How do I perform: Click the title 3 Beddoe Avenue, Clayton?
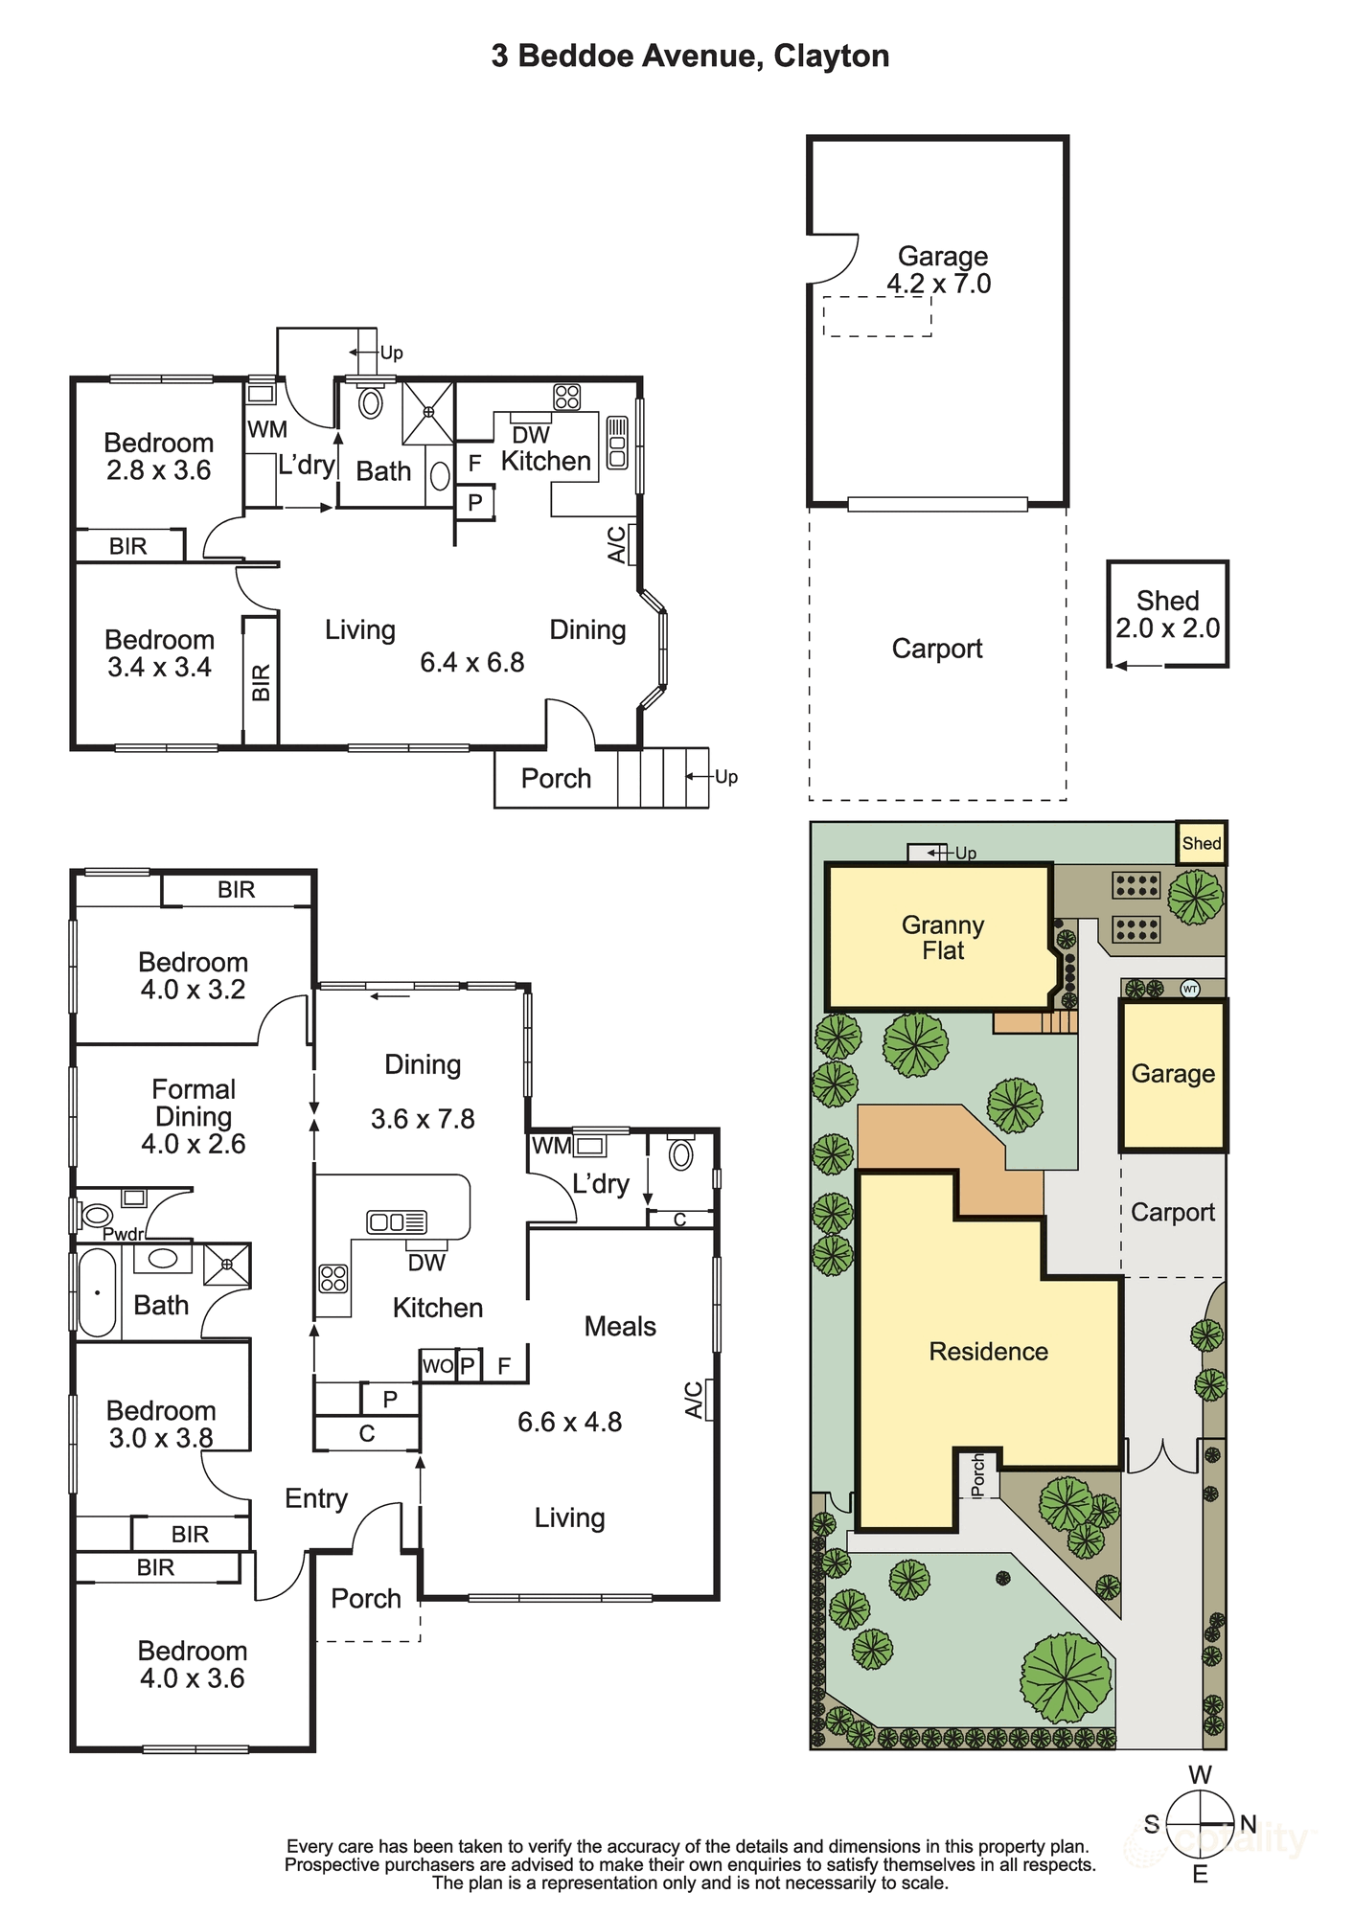coord(690,57)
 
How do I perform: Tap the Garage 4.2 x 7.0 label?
coord(939,270)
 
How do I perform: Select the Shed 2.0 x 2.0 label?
coord(1167,614)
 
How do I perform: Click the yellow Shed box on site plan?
coord(1201,843)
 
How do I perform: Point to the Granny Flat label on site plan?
coord(943,938)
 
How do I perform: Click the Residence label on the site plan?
coord(988,1352)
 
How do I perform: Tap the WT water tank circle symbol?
coord(1190,989)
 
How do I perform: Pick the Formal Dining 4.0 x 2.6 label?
coord(194,1116)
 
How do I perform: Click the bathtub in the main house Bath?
coord(97,1292)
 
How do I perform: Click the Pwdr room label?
coord(123,1234)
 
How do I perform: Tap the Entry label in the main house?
coord(316,1498)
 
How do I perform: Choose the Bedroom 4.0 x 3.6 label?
coord(193,1664)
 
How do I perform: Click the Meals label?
coord(620,1327)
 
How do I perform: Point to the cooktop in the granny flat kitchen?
coord(566,397)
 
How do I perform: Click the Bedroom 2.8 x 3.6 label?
coord(158,456)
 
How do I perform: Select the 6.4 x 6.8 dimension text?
coord(471,662)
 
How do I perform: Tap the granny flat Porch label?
coord(556,778)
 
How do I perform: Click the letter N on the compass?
coord(1248,1824)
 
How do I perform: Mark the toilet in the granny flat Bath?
coord(371,401)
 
